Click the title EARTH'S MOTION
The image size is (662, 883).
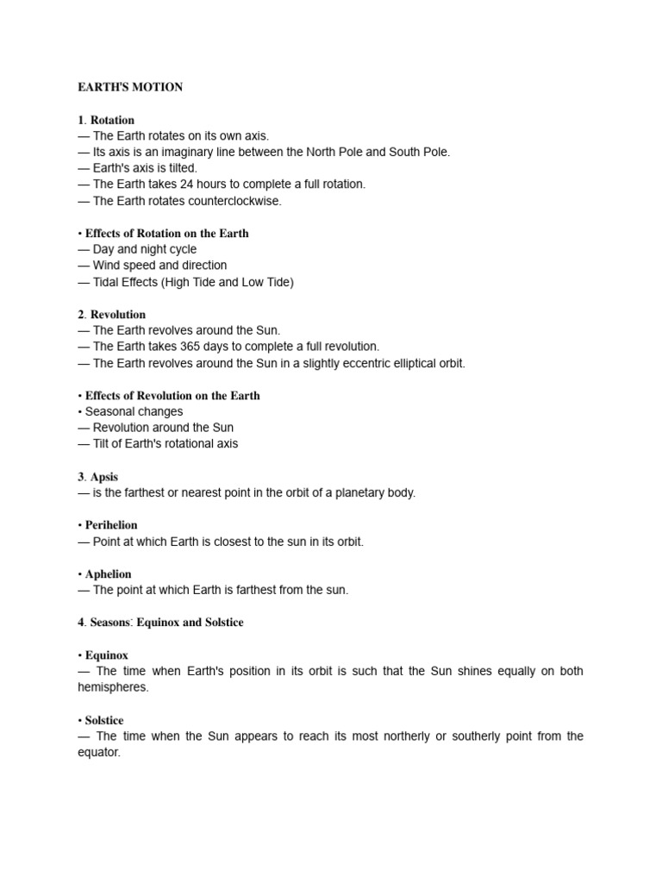coord(129,87)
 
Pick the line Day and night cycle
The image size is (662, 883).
coord(145,249)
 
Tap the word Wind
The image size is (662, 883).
coord(106,266)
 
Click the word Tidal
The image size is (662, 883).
coord(108,282)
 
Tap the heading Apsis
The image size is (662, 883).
coord(104,477)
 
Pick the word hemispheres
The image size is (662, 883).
coord(113,687)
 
